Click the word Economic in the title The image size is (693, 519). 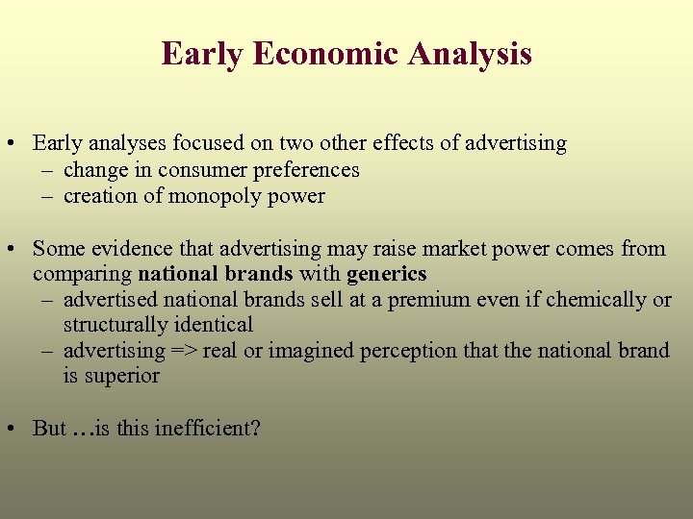[325, 54]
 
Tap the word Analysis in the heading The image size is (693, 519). [470, 54]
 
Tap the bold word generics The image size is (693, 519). [386, 274]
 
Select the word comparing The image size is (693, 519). [82, 274]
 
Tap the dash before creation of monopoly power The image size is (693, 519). [47, 196]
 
